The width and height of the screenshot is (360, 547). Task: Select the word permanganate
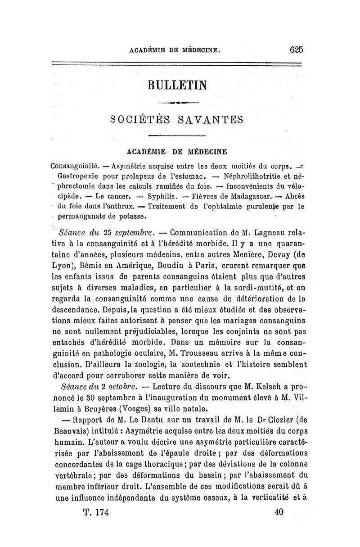(86, 217)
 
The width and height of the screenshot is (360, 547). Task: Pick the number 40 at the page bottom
(279, 512)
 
